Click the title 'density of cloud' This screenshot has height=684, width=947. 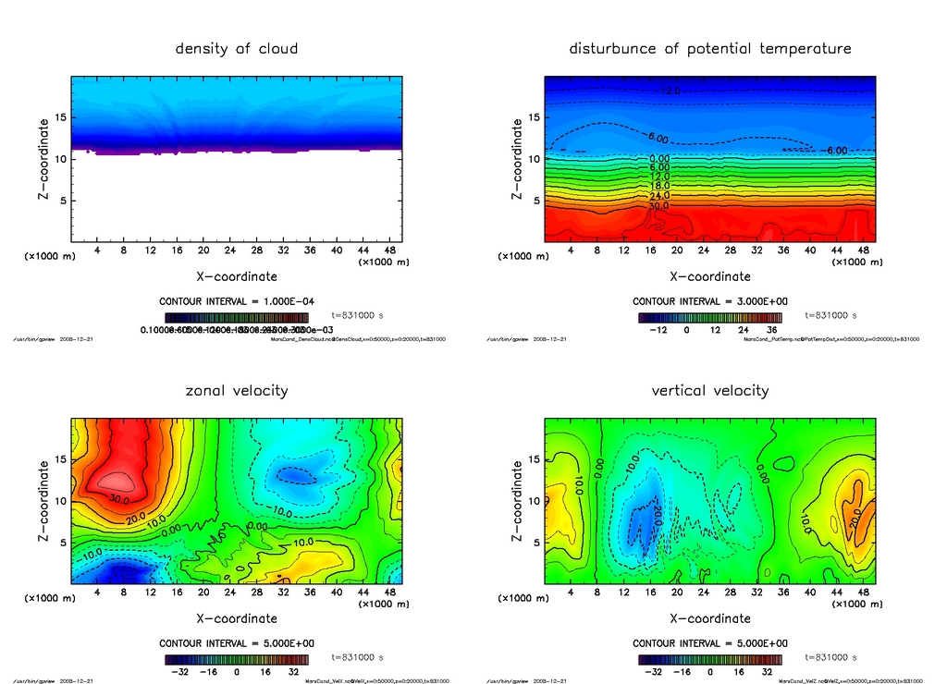point(237,48)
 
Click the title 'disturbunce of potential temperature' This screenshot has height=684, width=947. point(710,48)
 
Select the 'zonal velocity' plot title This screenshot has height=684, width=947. point(237,390)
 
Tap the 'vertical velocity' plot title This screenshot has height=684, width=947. point(710,390)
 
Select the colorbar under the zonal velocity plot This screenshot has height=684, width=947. point(237,660)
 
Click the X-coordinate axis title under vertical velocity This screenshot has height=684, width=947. point(710,618)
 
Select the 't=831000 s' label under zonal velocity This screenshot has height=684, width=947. point(357,657)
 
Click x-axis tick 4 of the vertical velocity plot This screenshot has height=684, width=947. point(571,593)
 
